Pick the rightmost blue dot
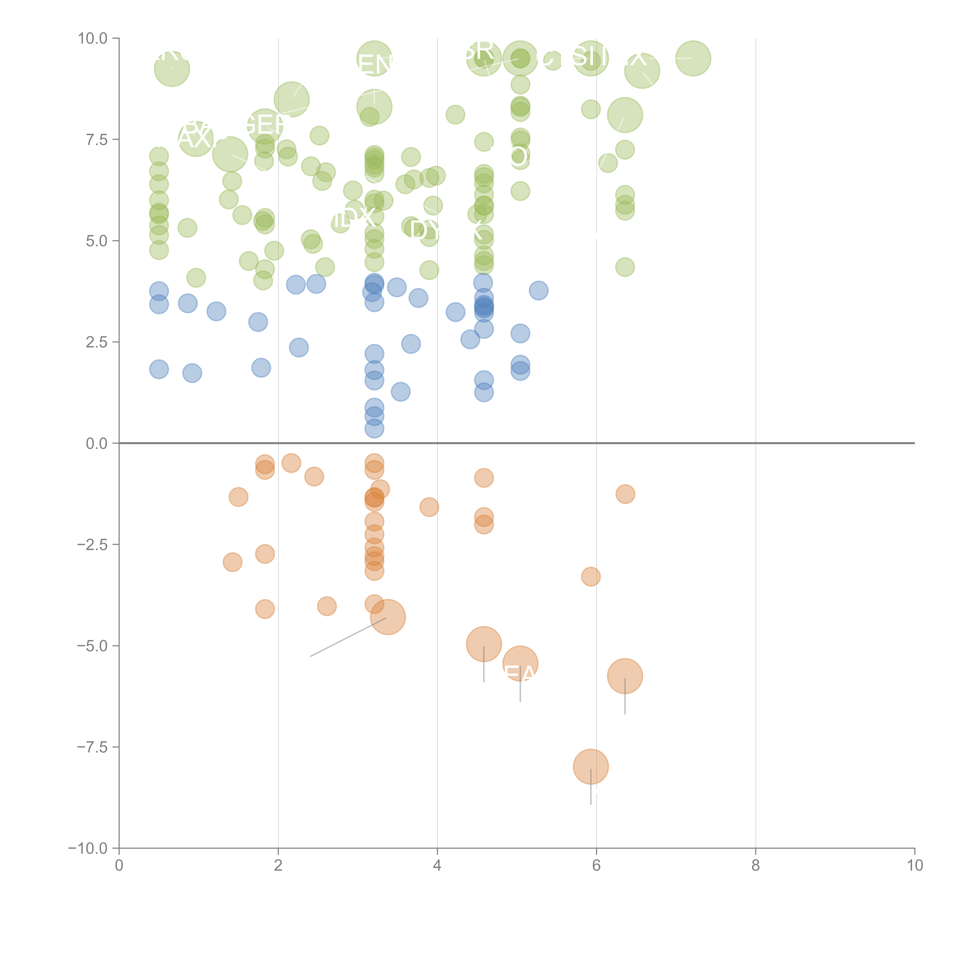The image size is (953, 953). [x=538, y=290]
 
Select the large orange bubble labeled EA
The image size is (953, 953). [x=520, y=663]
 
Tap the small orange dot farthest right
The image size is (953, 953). [x=625, y=494]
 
